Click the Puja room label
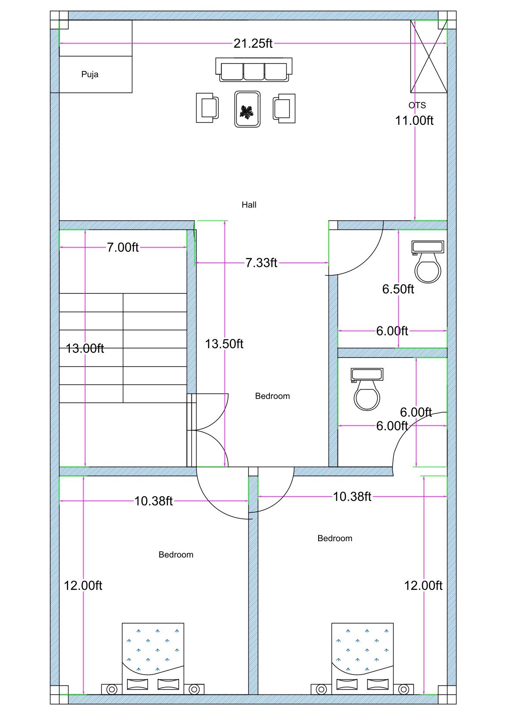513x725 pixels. tap(90, 74)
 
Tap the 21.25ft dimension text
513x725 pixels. tap(253, 43)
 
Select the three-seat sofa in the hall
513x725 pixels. tap(253, 70)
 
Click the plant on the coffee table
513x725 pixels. tap(247, 112)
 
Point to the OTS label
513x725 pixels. tap(417, 105)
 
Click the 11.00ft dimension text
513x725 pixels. tap(414, 121)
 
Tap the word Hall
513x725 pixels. tap(249, 205)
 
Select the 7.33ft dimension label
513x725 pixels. tap(261, 263)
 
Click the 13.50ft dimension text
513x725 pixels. tap(224, 344)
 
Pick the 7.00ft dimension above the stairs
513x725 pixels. tap(123, 248)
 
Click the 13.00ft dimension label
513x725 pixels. tap(85, 348)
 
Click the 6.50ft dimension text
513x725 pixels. tap(398, 289)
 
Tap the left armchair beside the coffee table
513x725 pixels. tap(207, 108)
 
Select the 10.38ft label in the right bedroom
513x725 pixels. tap(352, 497)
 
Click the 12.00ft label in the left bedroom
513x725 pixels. tap(83, 586)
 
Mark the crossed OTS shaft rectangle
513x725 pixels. tap(429, 56)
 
